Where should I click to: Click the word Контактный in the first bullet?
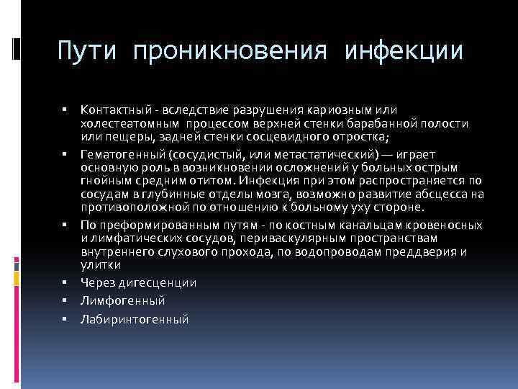(x=112, y=109)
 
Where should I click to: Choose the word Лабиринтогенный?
(x=135, y=318)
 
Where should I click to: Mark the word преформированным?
(x=149, y=225)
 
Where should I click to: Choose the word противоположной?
(x=140, y=207)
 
